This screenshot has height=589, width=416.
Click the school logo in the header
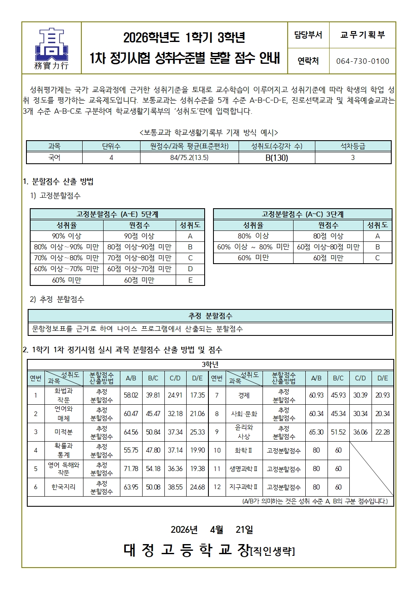pos(51,48)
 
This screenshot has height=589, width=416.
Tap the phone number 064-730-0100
pos(362,61)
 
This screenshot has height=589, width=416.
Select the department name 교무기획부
pos(362,35)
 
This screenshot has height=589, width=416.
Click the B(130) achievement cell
pos(277,158)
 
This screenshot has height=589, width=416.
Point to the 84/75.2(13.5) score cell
pos(189,158)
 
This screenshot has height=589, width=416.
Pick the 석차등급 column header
pos(353,146)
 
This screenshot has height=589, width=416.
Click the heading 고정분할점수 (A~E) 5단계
pos(117,214)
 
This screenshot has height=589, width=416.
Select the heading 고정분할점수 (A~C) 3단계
pos(302,214)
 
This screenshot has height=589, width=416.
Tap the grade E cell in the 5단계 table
pos(190,280)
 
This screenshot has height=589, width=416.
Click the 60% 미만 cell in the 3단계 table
pos(253,258)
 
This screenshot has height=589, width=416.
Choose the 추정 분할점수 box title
pos(210,316)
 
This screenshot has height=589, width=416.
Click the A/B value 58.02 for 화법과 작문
pos(131,395)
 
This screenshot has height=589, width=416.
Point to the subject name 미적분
pos(64,432)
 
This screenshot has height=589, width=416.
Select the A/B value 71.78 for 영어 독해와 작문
pos(131,469)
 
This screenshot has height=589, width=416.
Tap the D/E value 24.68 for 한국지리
pos(198,487)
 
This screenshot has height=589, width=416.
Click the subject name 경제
pos(244,395)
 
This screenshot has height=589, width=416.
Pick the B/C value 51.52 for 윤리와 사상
pos(338,432)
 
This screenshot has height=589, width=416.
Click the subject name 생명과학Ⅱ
pos(244,469)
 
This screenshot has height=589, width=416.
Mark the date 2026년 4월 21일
pos(212,530)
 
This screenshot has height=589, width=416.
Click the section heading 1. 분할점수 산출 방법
pos(58,181)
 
